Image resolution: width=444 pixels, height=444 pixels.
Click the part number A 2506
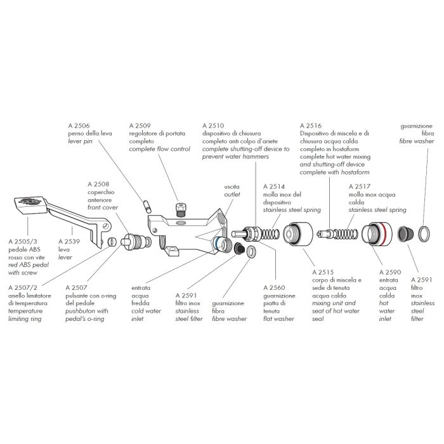tap(79, 126)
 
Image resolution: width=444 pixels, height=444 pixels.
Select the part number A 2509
tap(141, 126)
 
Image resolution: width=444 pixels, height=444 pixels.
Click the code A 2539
tap(69, 241)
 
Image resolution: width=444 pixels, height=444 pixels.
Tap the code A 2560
tap(273, 287)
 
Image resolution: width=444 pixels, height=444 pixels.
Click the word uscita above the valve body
tap(232, 187)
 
